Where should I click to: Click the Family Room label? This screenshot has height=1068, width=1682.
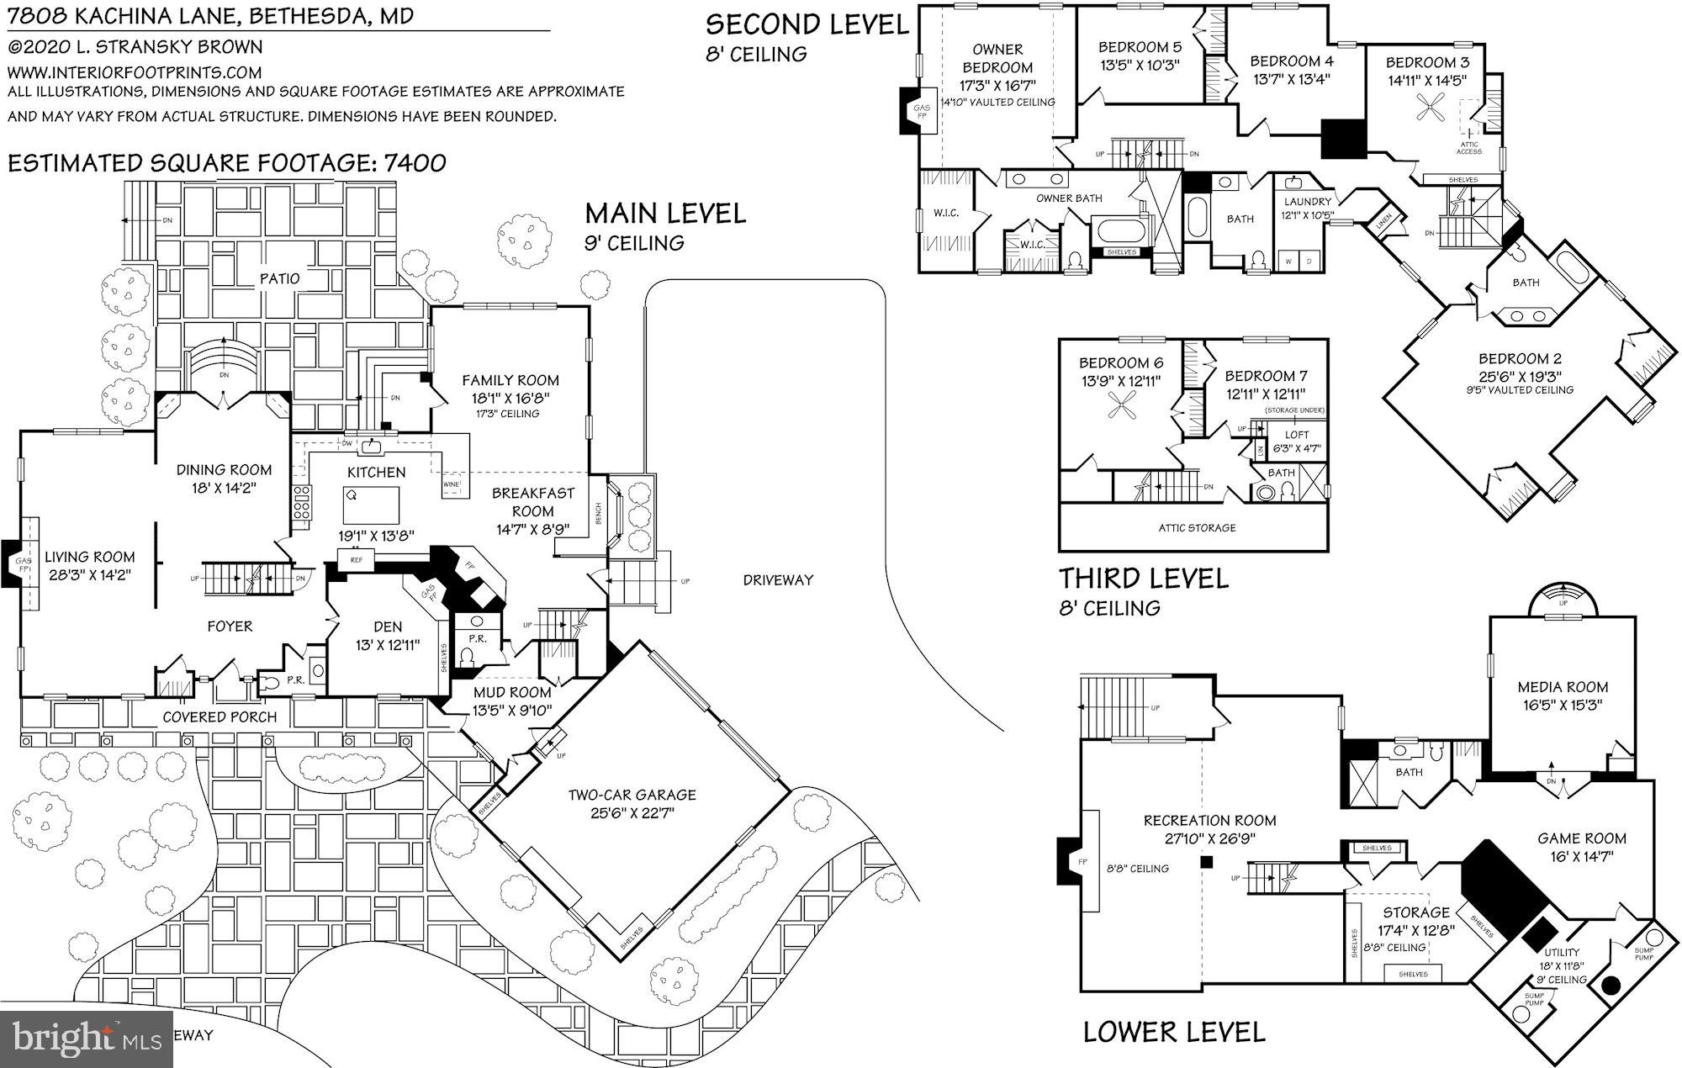[x=510, y=381]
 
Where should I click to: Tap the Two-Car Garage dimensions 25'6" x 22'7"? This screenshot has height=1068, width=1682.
[x=632, y=813]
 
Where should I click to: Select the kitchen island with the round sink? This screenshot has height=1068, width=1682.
[x=370, y=505]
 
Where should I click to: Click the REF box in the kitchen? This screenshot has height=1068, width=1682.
[x=356, y=559]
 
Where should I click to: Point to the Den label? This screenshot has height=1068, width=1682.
[x=388, y=627]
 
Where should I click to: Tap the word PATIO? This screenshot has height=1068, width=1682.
[x=279, y=278]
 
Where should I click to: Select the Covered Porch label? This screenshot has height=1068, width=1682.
[x=220, y=717]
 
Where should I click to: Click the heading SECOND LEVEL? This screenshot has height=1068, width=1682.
[x=807, y=24]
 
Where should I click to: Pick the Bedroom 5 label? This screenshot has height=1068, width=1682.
[x=1134, y=47]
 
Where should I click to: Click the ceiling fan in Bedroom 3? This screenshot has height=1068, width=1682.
[x=1428, y=108]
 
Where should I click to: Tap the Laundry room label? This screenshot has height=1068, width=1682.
[x=1308, y=202]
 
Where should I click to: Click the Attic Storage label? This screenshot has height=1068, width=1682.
[x=1197, y=528]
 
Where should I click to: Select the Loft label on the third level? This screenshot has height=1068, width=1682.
[x=1297, y=435]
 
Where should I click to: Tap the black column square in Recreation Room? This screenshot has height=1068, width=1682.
[x=1207, y=862]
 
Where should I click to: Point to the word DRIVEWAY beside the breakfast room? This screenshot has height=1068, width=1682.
[x=778, y=579]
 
